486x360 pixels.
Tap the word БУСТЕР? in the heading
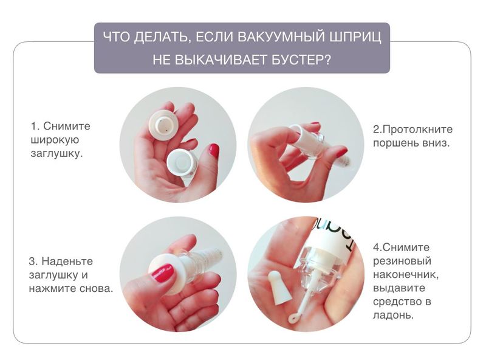point(301,60)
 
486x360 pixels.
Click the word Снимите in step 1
point(67,126)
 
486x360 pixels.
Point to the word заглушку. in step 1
point(56,154)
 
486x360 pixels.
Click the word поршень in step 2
point(396,144)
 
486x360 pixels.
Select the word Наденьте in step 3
point(67,261)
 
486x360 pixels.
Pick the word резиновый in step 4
point(402,261)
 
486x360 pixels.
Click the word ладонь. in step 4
point(393,316)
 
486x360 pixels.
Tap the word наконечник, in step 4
point(406,275)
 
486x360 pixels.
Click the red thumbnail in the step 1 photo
point(214,150)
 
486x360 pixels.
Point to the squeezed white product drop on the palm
point(292,318)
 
